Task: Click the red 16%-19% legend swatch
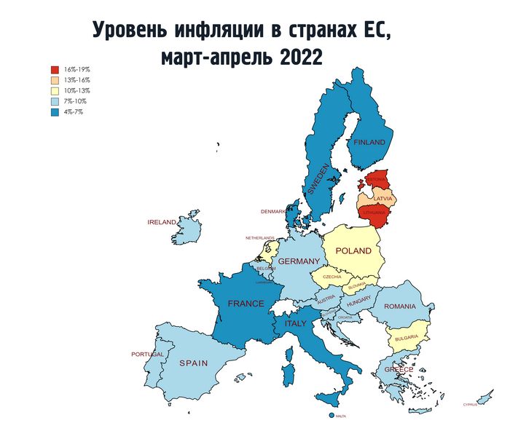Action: (x=55, y=69)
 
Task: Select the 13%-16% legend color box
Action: (x=55, y=80)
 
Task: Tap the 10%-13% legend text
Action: (x=77, y=90)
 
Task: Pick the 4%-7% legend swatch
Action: (x=55, y=111)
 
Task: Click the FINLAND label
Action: (x=369, y=143)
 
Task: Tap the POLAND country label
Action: (x=353, y=251)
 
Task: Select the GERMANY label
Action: (x=299, y=261)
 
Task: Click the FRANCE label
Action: (x=246, y=304)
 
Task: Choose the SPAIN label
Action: (x=194, y=363)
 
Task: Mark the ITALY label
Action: (x=296, y=323)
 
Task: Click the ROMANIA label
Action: (x=400, y=307)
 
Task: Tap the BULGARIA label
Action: (x=406, y=337)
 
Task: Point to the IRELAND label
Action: (x=162, y=222)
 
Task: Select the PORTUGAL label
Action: (x=148, y=355)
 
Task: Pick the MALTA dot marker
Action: (x=331, y=415)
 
